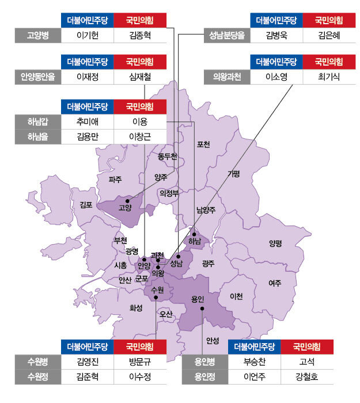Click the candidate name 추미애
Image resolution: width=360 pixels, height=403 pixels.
[88, 121]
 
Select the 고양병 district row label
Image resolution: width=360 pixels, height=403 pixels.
[38, 35]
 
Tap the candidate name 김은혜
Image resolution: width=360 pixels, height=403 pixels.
[329, 35]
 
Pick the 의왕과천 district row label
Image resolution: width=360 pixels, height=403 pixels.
[227, 77]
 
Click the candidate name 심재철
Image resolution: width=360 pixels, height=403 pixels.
[140, 77]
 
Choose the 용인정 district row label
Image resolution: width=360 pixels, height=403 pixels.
[204, 377]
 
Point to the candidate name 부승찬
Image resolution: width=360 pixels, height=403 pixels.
[255, 362]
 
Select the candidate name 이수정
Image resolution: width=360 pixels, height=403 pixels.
[140, 377]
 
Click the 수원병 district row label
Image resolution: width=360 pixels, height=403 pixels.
[38, 362]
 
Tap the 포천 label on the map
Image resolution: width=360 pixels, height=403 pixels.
[203, 144]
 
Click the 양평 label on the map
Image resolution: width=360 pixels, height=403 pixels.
[275, 243]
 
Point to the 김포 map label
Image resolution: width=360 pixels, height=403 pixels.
[86, 204]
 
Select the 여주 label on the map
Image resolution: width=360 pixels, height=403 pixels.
[275, 283]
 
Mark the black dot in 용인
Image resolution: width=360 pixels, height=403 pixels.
[202, 309]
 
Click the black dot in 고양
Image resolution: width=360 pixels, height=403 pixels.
[127, 201]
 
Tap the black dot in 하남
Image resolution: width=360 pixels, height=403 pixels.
[194, 234]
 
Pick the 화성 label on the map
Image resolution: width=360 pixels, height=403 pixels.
[136, 307]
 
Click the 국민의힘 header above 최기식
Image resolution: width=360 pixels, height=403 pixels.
[329, 62]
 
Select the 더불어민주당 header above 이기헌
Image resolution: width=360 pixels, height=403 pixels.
[88, 20]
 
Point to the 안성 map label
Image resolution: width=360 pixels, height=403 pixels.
[213, 341]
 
